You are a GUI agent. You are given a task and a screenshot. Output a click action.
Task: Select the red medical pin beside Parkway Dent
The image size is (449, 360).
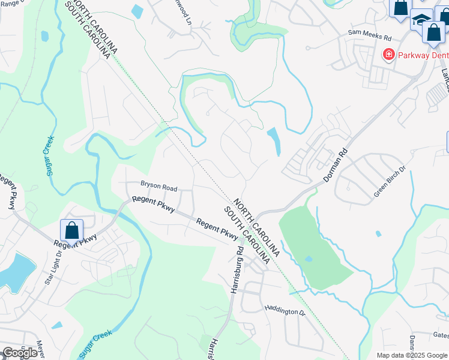coord(388,55)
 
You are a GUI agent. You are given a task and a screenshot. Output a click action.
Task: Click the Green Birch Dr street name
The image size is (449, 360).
coord(390,181)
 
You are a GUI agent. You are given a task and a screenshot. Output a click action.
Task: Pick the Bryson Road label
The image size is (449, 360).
coord(159,184)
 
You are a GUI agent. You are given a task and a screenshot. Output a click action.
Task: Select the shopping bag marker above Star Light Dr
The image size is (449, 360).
coord(71,229)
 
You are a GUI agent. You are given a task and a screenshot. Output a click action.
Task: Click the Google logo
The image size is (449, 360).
coord(19,353)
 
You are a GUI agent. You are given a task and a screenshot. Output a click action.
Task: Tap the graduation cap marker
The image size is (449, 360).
coord(422,20)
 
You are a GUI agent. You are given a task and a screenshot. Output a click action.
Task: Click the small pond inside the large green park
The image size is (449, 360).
coord(308,259)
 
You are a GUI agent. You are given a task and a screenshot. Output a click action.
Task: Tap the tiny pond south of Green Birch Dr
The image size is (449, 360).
coord(378,233)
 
